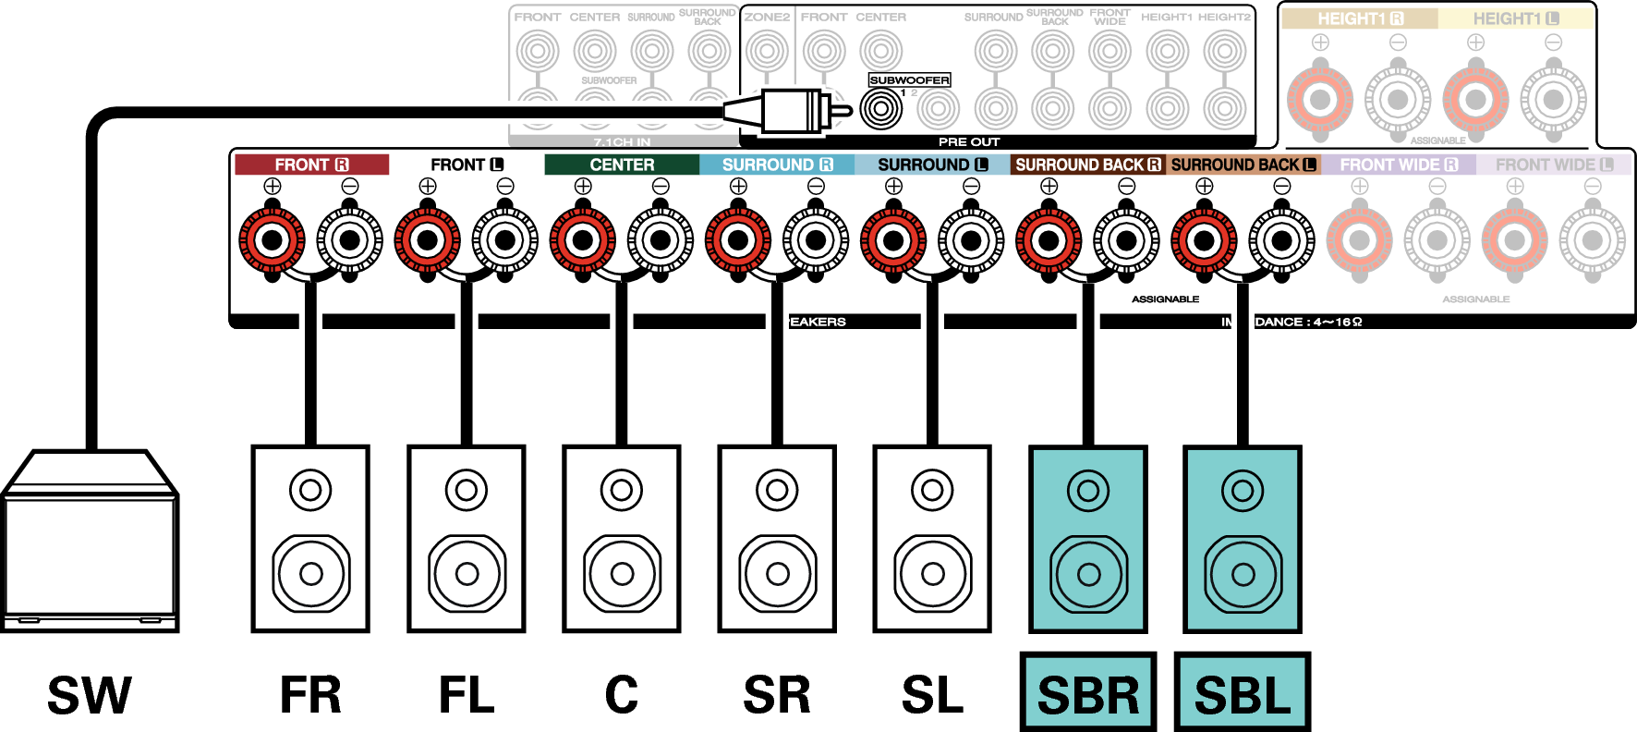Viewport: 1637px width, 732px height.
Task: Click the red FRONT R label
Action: [311, 165]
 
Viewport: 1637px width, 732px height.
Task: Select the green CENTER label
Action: [622, 165]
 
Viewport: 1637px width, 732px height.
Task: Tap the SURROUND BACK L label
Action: [1243, 165]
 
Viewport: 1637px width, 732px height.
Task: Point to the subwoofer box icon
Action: [90, 545]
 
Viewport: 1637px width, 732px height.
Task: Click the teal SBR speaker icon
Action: [1088, 539]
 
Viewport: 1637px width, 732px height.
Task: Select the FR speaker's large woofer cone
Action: [311, 574]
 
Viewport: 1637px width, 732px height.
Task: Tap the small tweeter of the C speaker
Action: [622, 490]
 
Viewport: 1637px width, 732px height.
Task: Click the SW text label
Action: [90, 696]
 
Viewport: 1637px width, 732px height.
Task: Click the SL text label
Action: [932, 696]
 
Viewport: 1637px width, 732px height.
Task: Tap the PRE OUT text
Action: [969, 141]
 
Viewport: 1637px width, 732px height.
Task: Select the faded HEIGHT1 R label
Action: [1359, 18]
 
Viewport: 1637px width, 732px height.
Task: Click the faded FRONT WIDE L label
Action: [1554, 165]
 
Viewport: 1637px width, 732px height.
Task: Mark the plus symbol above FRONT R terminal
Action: [273, 186]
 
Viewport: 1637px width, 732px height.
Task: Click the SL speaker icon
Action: [932, 539]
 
